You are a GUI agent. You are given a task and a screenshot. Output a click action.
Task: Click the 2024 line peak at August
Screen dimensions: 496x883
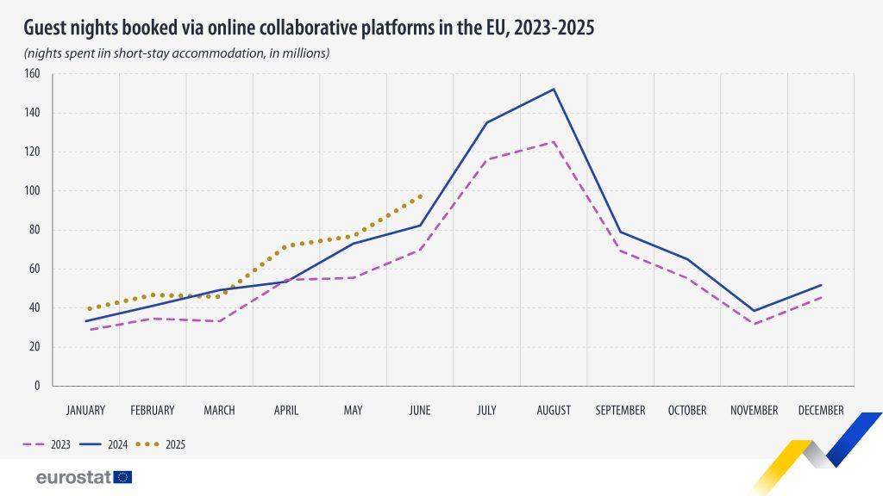(554, 89)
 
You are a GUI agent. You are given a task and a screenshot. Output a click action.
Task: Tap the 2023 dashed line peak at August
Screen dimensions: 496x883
(554, 142)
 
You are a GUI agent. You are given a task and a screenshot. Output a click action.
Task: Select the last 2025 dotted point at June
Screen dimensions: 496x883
(420, 196)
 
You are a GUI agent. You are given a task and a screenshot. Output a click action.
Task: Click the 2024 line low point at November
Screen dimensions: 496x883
(755, 311)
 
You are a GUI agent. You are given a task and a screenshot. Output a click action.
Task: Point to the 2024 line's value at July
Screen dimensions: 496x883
(486, 122)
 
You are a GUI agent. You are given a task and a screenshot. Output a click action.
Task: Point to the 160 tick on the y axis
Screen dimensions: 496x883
(34, 74)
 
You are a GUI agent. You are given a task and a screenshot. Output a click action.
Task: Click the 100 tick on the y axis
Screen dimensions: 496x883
(34, 191)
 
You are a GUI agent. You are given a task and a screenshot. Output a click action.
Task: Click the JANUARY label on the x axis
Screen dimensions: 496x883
(85, 411)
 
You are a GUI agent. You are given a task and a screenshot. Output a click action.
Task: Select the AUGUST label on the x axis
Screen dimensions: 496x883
(554, 411)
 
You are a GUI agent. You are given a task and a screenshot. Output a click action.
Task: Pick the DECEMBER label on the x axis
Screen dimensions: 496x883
(821, 411)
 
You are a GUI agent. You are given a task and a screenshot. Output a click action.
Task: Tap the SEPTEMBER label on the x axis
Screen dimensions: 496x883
(620, 411)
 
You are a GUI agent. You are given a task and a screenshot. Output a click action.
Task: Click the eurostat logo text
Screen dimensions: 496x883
(73, 477)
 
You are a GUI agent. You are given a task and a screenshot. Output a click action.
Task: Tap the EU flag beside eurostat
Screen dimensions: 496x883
(122, 477)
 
